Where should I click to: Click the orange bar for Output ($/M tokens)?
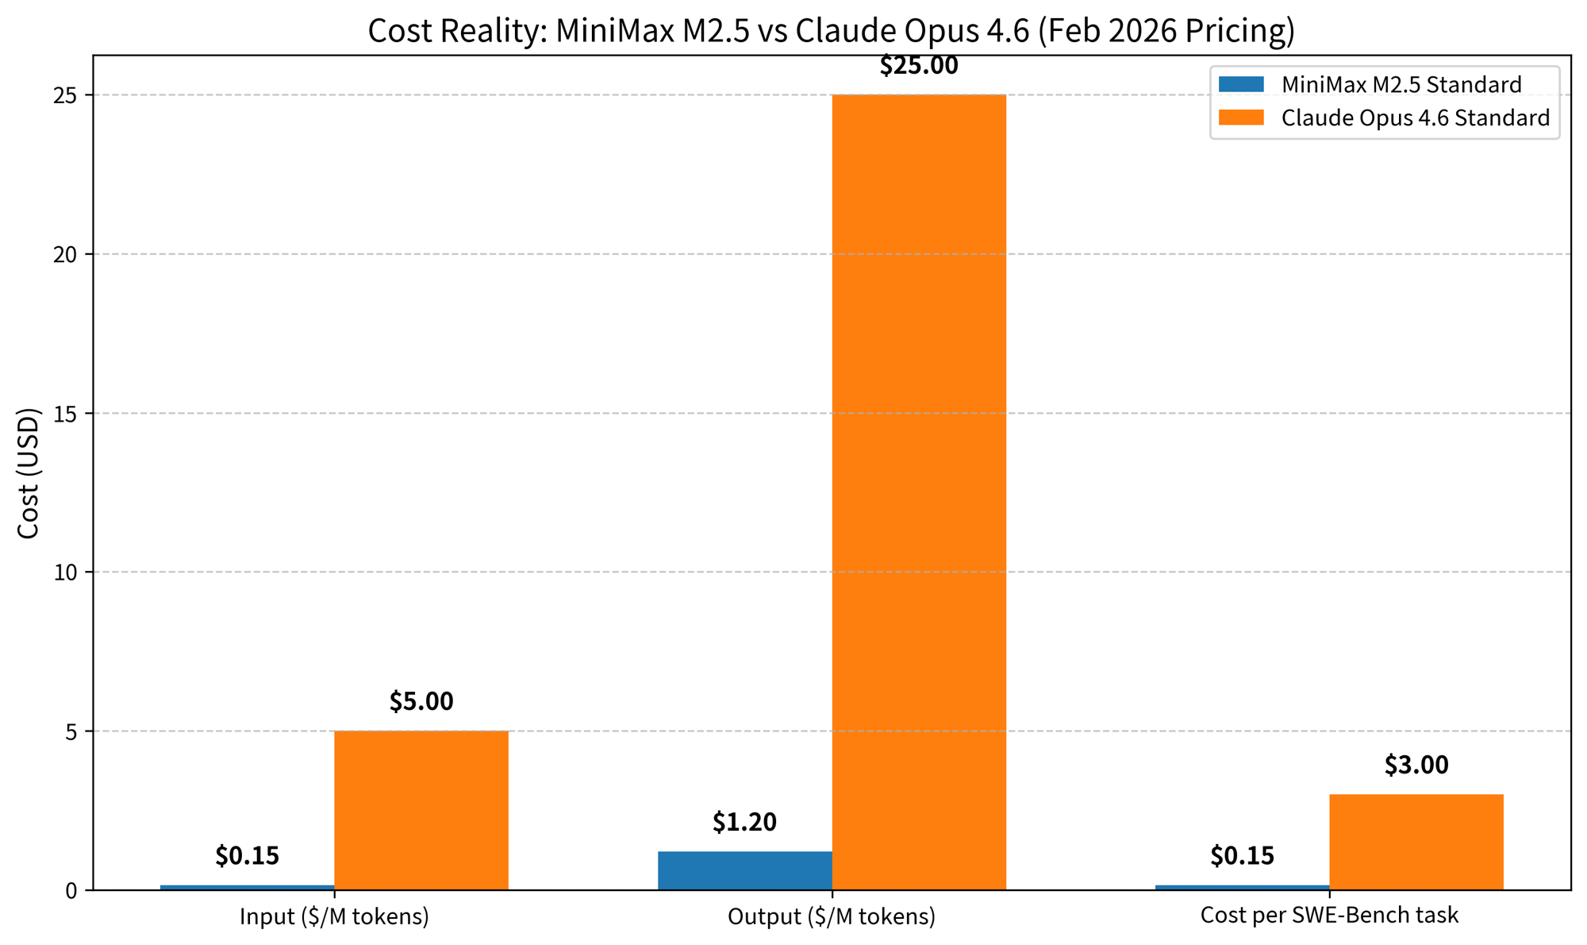pyautogui.click(x=919, y=492)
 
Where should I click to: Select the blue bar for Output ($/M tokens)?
pyautogui.click(x=744, y=870)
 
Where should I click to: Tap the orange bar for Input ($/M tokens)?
pyautogui.click(x=421, y=810)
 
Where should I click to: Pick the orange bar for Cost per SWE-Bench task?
pyautogui.click(x=1416, y=842)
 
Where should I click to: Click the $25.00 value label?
pyautogui.click(x=919, y=66)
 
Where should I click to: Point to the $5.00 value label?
pyautogui.click(x=421, y=702)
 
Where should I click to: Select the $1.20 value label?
pyautogui.click(x=744, y=823)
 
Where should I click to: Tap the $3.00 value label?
pyautogui.click(x=1416, y=766)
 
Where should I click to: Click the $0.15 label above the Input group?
pyautogui.click(x=248, y=856)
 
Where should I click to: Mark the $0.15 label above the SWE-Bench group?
pyautogui.click(x=1243, y=856)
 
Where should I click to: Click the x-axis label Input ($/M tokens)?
pyautogui.click(x=334, y=916)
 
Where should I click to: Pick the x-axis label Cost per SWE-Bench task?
pyautogui.click(x=1329, y=915)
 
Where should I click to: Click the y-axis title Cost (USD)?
pyautogui.click(x=29, y=473)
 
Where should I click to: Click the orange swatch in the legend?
pyautogui.click(x=1241, y=118)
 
